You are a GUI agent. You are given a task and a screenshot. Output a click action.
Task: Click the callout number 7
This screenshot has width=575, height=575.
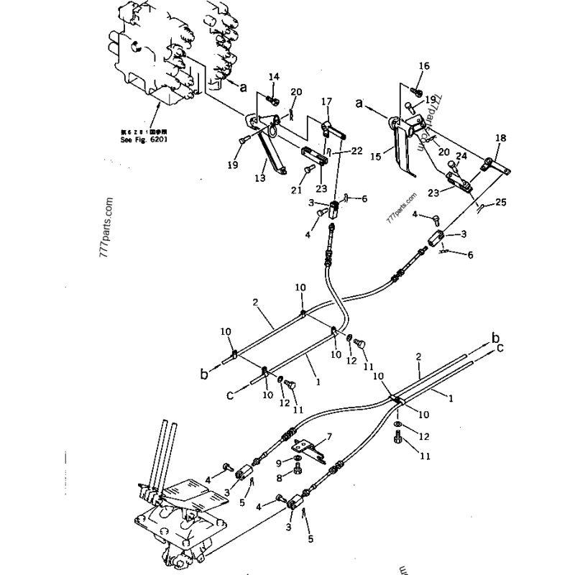tap(329, 436)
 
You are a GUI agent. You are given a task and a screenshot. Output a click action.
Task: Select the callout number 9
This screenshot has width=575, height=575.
tap(279, 463)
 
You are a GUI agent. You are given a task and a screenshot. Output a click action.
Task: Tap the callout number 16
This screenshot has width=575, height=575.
tap(423, 67)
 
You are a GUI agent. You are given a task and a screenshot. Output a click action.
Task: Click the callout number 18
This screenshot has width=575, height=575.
tap(501, 137)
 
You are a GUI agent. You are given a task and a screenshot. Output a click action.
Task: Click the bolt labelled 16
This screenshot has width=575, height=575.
tap(418, 91)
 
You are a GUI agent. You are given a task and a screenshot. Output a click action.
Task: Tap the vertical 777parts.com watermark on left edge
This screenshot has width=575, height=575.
tap(109, 230)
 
